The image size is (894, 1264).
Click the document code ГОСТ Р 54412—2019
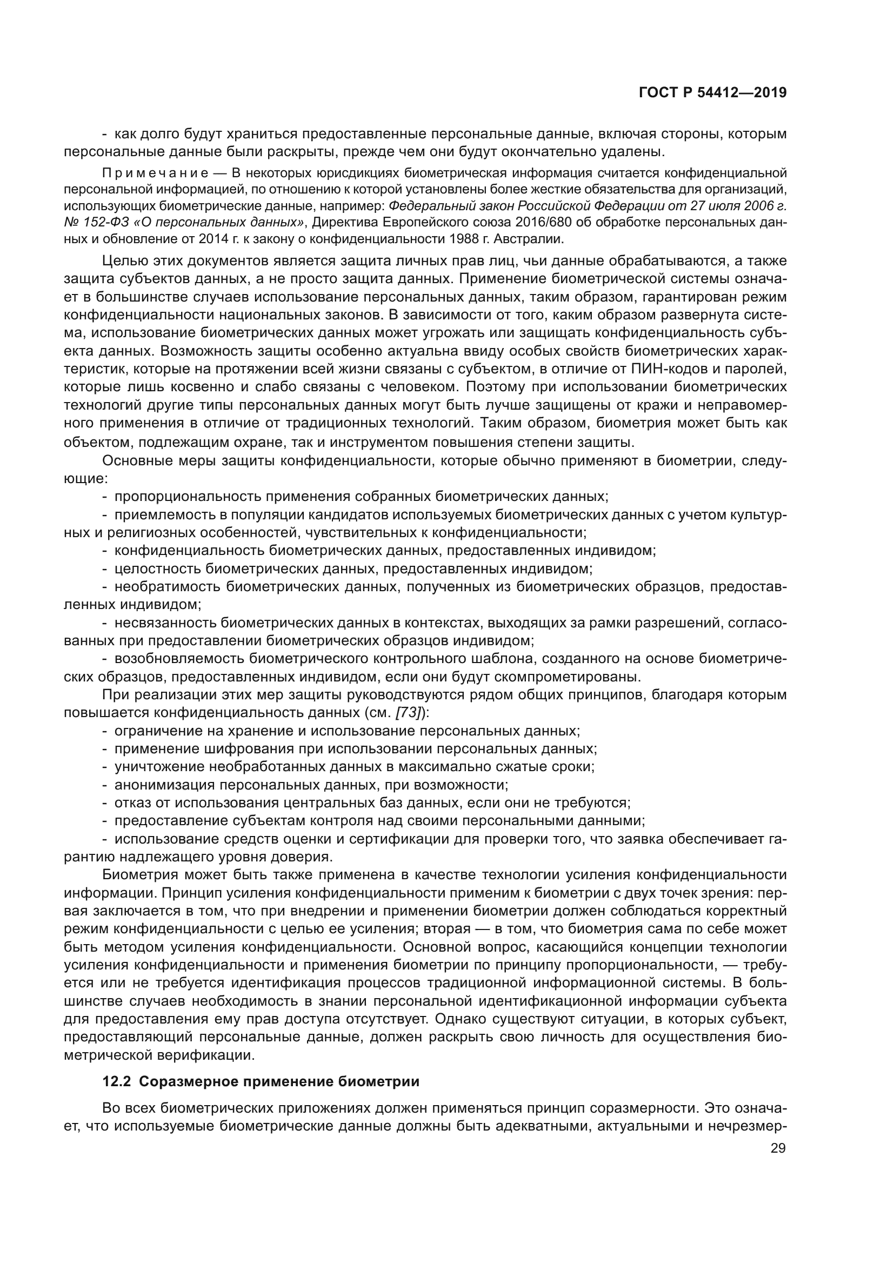pos(712,93)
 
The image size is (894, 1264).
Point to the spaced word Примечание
pos(156,173)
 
